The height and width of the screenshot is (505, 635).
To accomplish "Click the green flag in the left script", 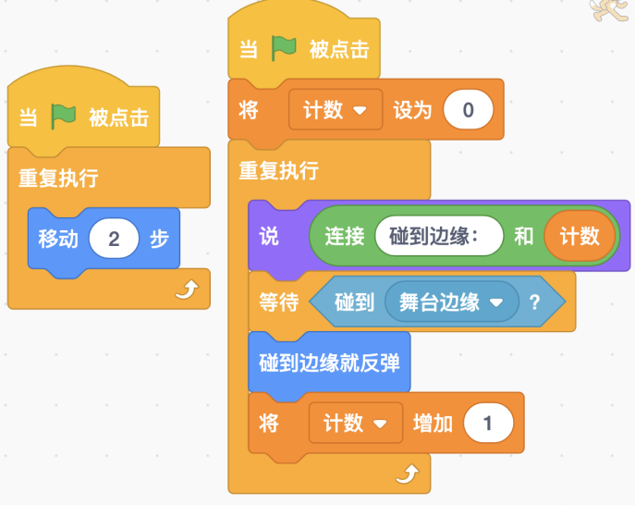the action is click(64, 117).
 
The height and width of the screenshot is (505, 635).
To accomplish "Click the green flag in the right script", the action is click(284, 48).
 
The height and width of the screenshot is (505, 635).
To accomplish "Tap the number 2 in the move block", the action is click(114, 239).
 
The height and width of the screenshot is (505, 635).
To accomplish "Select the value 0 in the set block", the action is click(468, 111).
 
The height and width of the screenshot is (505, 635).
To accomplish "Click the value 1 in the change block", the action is click(487, 424).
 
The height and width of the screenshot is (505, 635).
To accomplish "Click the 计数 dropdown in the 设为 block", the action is click(335, 111).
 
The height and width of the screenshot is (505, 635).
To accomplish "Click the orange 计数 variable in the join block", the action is click(580, 236).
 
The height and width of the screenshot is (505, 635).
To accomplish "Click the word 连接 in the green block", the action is click(344, 236).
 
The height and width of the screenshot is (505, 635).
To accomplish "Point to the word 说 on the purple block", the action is click(268, 236).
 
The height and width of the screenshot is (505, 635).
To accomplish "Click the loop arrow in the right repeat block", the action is click(406, 475).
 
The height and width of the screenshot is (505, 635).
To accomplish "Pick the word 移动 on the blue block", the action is click(57, 239).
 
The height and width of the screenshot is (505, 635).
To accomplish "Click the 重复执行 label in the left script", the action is click(57, 178).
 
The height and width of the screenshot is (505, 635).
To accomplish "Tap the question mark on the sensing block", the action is click(533, 302).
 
